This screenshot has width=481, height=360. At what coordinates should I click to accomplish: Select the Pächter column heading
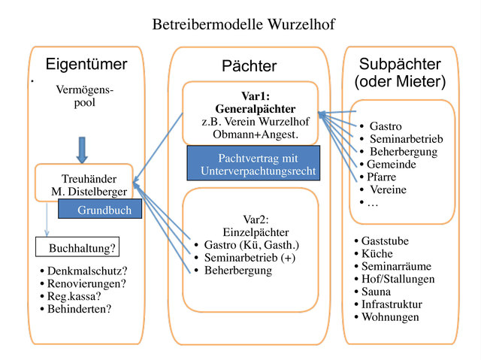coord(250,66)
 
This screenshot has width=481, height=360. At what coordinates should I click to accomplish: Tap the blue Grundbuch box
coord(104,210)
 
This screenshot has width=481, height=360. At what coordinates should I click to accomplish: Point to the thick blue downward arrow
coord(83,149)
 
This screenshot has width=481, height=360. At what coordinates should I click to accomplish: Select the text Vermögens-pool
coord(84,96)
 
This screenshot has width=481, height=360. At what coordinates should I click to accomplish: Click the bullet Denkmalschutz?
coord(86,271)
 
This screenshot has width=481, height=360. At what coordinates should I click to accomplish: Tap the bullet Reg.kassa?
coord(78,296)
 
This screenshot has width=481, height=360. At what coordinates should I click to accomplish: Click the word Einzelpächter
coord(253,232)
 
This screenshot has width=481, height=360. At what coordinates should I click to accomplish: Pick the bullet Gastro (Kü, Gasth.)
coord(251,245)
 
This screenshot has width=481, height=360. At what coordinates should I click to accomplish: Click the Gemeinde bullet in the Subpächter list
coord(391,164)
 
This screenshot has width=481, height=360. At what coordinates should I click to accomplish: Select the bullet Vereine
coord(388,189)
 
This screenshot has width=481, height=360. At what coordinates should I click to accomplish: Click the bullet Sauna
coord(376,292)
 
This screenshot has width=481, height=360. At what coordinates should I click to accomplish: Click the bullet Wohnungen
coord(389,317)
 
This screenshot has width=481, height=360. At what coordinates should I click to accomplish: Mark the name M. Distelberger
coord(84,192)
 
